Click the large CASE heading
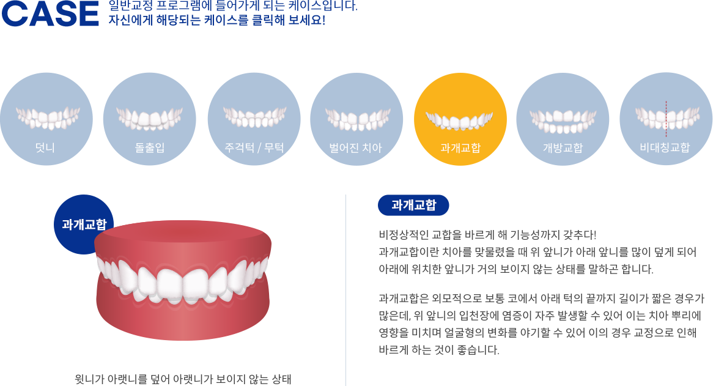pyautogui.click(x=50, y=13)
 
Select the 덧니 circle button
pyautogui.click(x=46, y=119)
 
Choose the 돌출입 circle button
pyautogui.click(x=150, y=119)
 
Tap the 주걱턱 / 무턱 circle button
pyautogui.click(x=254, y=119)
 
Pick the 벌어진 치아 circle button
pyautogui.click(x=356, y=119)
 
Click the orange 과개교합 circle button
pyautogui.click(x=460, y=119)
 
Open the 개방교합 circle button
pyautogui.click(x=563, y=119)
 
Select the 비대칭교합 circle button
pyautogui.click(x=666, y=119)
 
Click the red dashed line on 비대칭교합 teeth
pyautogui.click(x=666, y=119)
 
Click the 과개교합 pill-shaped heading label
pyautogui.click(x=413, y=205)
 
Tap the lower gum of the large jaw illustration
pyautogui.click(x=183, y=318)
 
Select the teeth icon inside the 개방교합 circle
pyautogui.click(x=563, y=121)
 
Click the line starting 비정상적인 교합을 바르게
pyautogui.click(x=487, y=235)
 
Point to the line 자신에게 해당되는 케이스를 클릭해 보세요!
pyautogui.click(x=217, y=20)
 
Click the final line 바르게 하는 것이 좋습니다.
pyautogui.click(x=439, y=350)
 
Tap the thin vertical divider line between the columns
pyautogui.click(x=345, y=290)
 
